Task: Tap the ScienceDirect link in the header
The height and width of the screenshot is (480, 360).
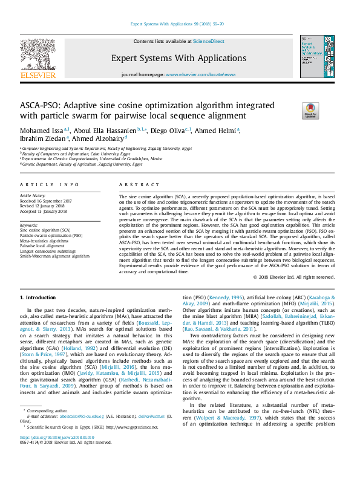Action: [208, 42]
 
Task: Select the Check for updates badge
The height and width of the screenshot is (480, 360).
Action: [310, 110]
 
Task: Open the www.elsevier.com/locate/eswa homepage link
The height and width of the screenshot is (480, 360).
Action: [196, 74]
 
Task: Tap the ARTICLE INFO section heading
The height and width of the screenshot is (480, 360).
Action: [50, 184]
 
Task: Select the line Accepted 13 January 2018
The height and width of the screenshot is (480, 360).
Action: [44, 211]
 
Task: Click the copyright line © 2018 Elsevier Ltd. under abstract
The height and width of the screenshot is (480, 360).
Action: [294, 277]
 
